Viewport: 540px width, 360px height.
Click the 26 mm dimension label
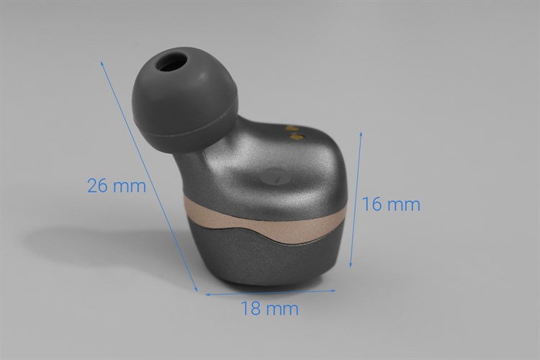[116, 185]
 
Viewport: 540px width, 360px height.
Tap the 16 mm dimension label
[391, 204]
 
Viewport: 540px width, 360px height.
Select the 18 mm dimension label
[269, 309]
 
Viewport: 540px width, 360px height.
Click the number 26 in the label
[99, 185]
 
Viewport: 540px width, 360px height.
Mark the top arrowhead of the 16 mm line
[361, 134]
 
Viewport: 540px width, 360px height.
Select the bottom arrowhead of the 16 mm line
[350, 267]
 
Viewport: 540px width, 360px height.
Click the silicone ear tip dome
[180, 94]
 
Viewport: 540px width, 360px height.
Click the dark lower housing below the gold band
[266, 259]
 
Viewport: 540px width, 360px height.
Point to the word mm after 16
[403, 204]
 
